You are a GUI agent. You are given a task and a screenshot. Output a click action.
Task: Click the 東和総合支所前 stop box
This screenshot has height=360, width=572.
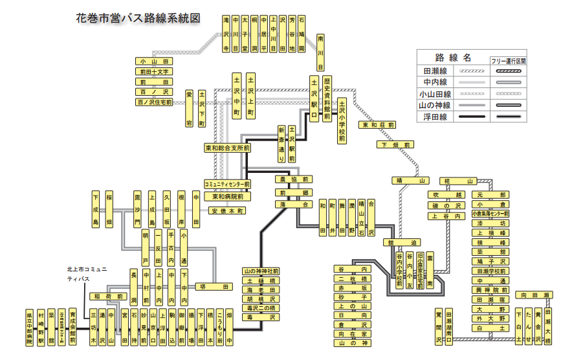[227, 148]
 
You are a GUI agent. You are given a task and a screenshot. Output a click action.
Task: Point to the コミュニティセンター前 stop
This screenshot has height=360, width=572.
[227, 184]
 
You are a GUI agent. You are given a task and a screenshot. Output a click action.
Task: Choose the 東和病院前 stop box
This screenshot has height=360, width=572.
[227, 196]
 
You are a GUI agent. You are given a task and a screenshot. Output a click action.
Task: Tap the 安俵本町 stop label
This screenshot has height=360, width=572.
[228, 210]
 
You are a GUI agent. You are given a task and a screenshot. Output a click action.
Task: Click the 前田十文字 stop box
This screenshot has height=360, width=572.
[154, 72]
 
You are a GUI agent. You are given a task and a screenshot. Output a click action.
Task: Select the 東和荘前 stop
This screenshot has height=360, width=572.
[379, 125]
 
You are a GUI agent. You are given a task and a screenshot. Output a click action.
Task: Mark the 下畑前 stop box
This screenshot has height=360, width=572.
[395, 144]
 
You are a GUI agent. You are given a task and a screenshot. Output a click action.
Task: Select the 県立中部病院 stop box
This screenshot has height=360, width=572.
[30, 326]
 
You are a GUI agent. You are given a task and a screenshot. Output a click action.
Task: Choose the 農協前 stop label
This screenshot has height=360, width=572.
[293, 179]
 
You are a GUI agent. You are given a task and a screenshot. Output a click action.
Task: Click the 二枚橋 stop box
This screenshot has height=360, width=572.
[353, 278]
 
